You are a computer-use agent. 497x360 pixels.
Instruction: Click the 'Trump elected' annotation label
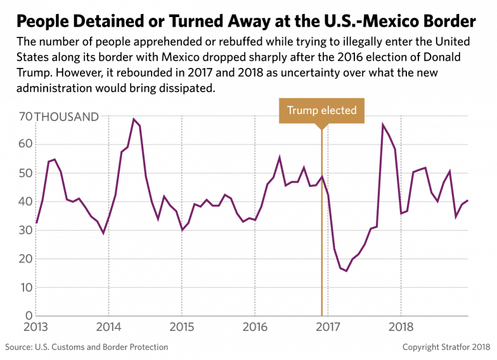coord(321,110)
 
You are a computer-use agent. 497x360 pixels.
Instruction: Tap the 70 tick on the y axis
coord(25,117)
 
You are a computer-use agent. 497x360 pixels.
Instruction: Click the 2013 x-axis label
coord(35,328)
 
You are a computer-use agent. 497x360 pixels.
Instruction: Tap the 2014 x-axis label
coord(108,328)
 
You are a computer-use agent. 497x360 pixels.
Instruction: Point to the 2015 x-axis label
coord(182,328)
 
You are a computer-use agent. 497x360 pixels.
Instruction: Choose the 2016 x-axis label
coord(255,328)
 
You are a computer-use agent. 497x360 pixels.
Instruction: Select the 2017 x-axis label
coord(328,328)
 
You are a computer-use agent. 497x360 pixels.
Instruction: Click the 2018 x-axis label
coord(401,328)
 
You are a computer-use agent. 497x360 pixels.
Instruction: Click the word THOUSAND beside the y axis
coord(67,117)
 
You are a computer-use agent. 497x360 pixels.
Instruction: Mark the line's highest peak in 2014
coord(134,119)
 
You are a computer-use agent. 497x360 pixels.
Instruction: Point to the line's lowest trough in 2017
coord(345,271)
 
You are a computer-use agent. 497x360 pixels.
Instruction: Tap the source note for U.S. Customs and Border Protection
coord(87,347)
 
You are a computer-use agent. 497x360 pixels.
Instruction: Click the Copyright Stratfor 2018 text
coord(446,347)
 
